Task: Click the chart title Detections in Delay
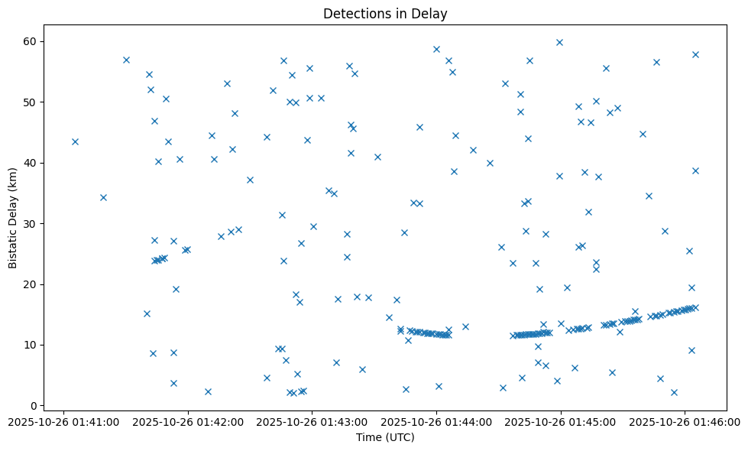(385, 14)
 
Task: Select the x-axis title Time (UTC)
(385, 437)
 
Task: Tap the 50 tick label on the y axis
(32, 102)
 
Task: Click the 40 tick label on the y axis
(32, 163)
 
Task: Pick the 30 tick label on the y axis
(32, 223)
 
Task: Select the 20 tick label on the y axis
(32, 284)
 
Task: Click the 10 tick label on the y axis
(32, 345)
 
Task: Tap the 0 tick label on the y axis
(35, 405)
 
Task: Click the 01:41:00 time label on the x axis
(64, 421)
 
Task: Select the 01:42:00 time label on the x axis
(188, 421)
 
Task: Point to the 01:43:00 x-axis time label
(312, 421)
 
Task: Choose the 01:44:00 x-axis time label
(436, 421)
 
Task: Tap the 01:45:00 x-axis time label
(561, 421)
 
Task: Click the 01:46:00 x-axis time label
(685, 421)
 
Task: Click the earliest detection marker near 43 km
(75, 141)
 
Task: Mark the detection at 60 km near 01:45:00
(559, 42)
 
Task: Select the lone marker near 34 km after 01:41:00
(103, 197)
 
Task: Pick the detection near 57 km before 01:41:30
(126, 60)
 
